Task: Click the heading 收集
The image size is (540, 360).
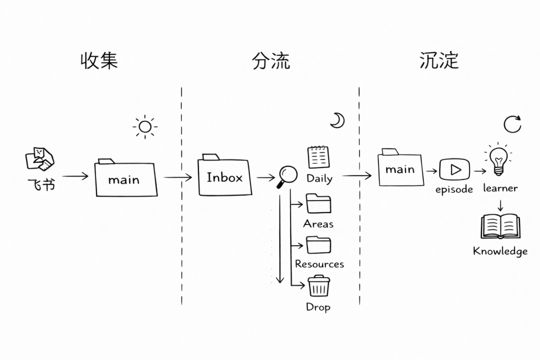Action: (99, 60)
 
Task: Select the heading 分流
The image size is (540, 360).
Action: (270, 60)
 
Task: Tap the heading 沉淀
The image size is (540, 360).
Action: (439, 60)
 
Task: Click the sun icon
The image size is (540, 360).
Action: (145, 126)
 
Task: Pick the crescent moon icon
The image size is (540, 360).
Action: (337, 120)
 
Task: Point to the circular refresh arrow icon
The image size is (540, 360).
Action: (512, 124)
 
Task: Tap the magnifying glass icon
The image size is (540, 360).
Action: (287, 176)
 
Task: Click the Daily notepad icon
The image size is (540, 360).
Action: (318, 157)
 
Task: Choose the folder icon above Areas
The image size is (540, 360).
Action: (318, 203)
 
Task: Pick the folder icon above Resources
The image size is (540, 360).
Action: (318, 245)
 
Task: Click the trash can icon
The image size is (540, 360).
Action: (318, 286)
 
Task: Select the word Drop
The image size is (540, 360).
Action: (318, 307)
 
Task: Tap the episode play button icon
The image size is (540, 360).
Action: (454, 169)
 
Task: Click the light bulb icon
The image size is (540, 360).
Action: (498, 159)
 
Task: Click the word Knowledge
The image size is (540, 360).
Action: (500, 251)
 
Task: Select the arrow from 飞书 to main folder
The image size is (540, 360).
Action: (75, 176)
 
